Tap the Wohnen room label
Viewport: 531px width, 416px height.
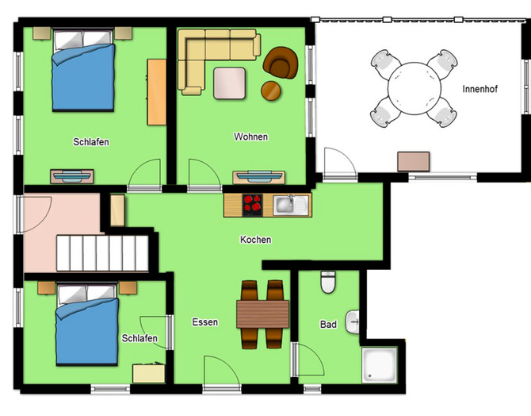(250, 137)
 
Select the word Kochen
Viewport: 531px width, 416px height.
(256, 239)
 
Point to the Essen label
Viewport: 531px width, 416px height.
(204, 322)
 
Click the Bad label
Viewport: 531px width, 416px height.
(328, 325)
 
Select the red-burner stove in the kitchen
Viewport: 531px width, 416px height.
(253, 205)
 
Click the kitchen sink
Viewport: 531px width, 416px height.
(286, 206)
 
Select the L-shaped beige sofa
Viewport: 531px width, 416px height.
(209, 56)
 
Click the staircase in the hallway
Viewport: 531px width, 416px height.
(102, 252)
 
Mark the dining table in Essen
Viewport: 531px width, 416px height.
(262, 314)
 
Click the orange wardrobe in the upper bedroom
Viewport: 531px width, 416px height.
(157, 91)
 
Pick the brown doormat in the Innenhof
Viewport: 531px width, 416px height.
(414, 160)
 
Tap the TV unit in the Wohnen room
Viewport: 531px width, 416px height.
(258, 176)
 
